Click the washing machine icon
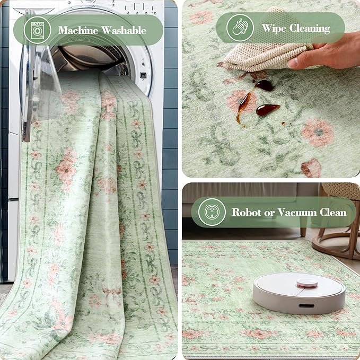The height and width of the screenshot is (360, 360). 38,30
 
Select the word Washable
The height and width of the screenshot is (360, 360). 125,30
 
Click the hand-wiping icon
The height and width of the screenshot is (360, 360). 240,28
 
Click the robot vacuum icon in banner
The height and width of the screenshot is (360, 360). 212,213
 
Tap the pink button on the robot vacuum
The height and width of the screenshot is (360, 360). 307,282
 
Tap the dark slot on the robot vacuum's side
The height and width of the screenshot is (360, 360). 305,306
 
